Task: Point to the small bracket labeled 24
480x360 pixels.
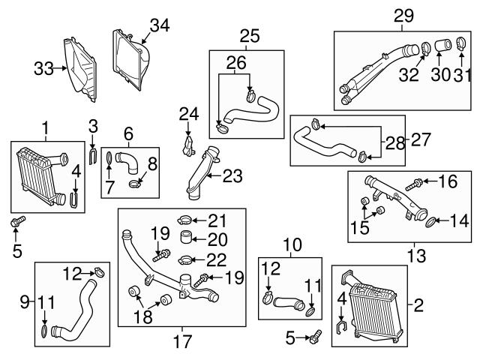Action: click(188, 142)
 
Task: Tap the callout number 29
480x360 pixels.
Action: click(403, 14)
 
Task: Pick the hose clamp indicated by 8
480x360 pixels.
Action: click(135, 181)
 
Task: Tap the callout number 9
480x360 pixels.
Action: click(25, 302)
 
